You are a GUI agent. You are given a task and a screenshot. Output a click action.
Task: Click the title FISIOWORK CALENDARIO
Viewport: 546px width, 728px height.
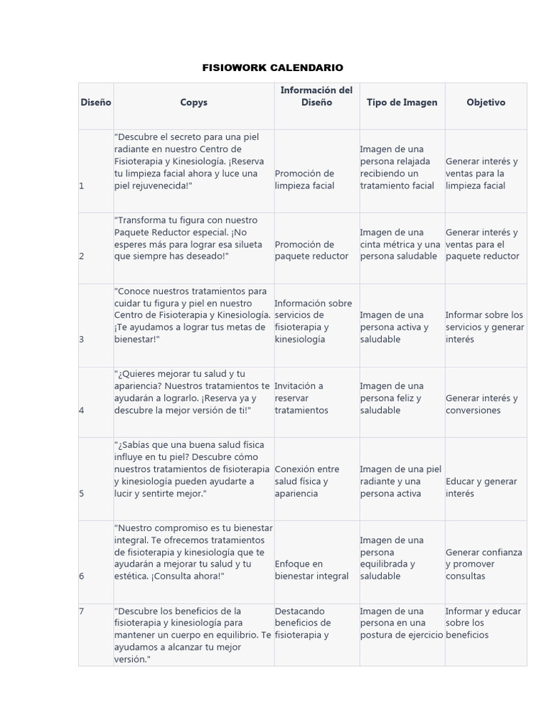[x=273, y=68]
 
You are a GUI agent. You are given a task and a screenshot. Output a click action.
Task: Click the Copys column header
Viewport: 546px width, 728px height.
[x=193, y=102]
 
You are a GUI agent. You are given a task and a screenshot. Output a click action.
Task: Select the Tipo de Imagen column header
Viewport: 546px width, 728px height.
[x=402, y=102]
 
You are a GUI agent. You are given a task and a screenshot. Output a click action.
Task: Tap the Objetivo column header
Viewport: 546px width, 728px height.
[x=486, y=102]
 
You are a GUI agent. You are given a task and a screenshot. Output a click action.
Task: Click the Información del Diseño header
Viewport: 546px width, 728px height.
[x=316, y=96]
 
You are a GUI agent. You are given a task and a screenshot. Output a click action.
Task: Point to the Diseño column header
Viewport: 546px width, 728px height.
[x=95, y=102]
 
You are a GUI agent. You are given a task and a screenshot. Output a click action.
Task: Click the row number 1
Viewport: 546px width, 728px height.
[x=82, y=186]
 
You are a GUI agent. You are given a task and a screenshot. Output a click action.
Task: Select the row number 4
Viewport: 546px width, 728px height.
[x=82, y=410]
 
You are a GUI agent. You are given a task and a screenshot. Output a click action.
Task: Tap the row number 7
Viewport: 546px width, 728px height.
[x=82, y=611]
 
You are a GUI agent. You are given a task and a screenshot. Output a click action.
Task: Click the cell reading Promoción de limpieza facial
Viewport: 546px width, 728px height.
[x=305, y=179]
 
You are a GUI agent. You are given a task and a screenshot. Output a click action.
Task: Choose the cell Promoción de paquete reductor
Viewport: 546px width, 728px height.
[x=311, y=250]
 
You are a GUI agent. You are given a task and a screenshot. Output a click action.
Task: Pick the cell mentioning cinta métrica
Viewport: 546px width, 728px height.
[x=400, y=244]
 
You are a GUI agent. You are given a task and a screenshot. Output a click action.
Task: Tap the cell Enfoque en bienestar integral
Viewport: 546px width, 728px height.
[x=311, y=569]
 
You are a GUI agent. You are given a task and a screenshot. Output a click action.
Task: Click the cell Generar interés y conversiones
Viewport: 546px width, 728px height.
[x=481, y=404]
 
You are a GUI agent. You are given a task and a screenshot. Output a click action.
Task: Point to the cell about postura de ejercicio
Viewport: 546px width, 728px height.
[x=401, y=623]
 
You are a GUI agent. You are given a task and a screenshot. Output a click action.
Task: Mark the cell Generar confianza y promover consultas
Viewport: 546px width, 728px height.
[x=483, y=564]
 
